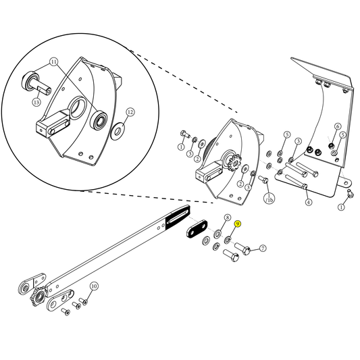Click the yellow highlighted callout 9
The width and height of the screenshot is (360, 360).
click(237, 223)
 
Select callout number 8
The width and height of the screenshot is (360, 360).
click(227, 217)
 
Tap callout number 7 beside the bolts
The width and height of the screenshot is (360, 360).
click(263, 249)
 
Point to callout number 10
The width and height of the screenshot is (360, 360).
click(94, 286)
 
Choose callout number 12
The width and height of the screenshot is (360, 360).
click(130, 112)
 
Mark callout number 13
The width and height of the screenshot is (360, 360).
click(37, 102)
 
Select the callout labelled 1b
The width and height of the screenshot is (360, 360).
click(269, 200)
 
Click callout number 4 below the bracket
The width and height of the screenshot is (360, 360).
click(308, 202)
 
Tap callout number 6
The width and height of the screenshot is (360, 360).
click(338, 126)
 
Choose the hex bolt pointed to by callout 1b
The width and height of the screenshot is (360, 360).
click(263, 180)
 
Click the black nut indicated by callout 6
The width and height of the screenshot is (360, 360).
click(331, 145)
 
